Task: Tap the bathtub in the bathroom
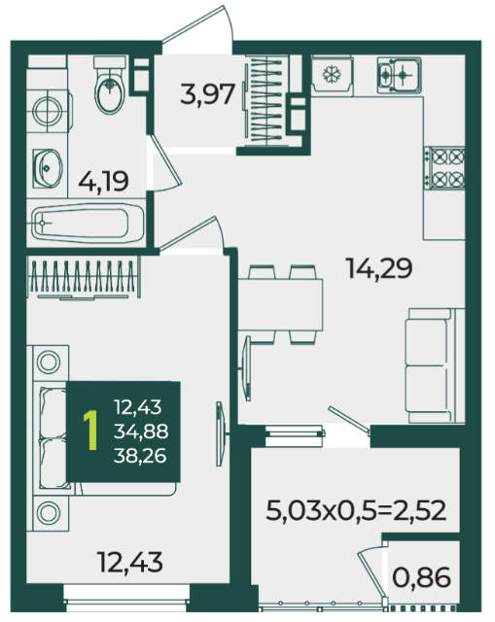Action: (x=88, y=224)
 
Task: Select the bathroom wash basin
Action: (x=48, y=168)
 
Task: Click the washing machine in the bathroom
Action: (x=48, y=110)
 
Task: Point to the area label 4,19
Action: (x=103, y=182)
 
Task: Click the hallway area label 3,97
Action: (x=207, y=94)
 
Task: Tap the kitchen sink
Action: (x=399, y=75)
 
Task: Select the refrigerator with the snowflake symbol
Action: (x=332, y=76)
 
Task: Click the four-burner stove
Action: (x=444, y=168)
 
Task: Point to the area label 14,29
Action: (x=379, y=268)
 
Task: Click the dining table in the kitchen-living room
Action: (x=280, y=304)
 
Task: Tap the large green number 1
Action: (x=91, y=431)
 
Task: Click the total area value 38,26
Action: (x=140, y=456)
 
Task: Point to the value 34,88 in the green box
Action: (x=141, y=432)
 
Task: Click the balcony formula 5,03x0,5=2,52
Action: (x=356, y=510)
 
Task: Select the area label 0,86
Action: (x=421, y=577)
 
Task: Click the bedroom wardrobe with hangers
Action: (x=84, y=277)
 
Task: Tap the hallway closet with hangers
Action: (x=265, y=99)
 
